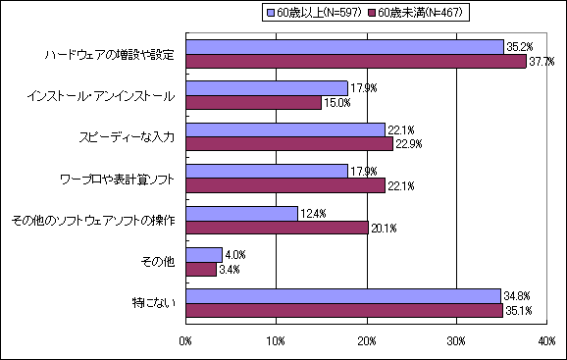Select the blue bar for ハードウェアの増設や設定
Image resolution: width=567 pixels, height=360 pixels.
344,47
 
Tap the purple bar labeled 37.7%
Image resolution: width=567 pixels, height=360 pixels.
356,61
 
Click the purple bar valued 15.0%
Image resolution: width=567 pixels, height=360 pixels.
253,102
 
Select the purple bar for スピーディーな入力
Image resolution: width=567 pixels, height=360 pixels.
289,143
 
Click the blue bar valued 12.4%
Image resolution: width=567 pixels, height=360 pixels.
241,213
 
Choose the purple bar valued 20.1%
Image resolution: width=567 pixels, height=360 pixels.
277,227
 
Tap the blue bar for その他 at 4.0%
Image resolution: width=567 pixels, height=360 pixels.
204,254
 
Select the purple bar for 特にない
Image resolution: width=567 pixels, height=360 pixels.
344,310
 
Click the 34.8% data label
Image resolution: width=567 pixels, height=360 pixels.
516,294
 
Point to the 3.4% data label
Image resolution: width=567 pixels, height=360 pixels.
230,269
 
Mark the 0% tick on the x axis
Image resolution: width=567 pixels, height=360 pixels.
186,339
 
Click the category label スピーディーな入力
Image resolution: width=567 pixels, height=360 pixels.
127,137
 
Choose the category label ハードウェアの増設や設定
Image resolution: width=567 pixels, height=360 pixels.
109,55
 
